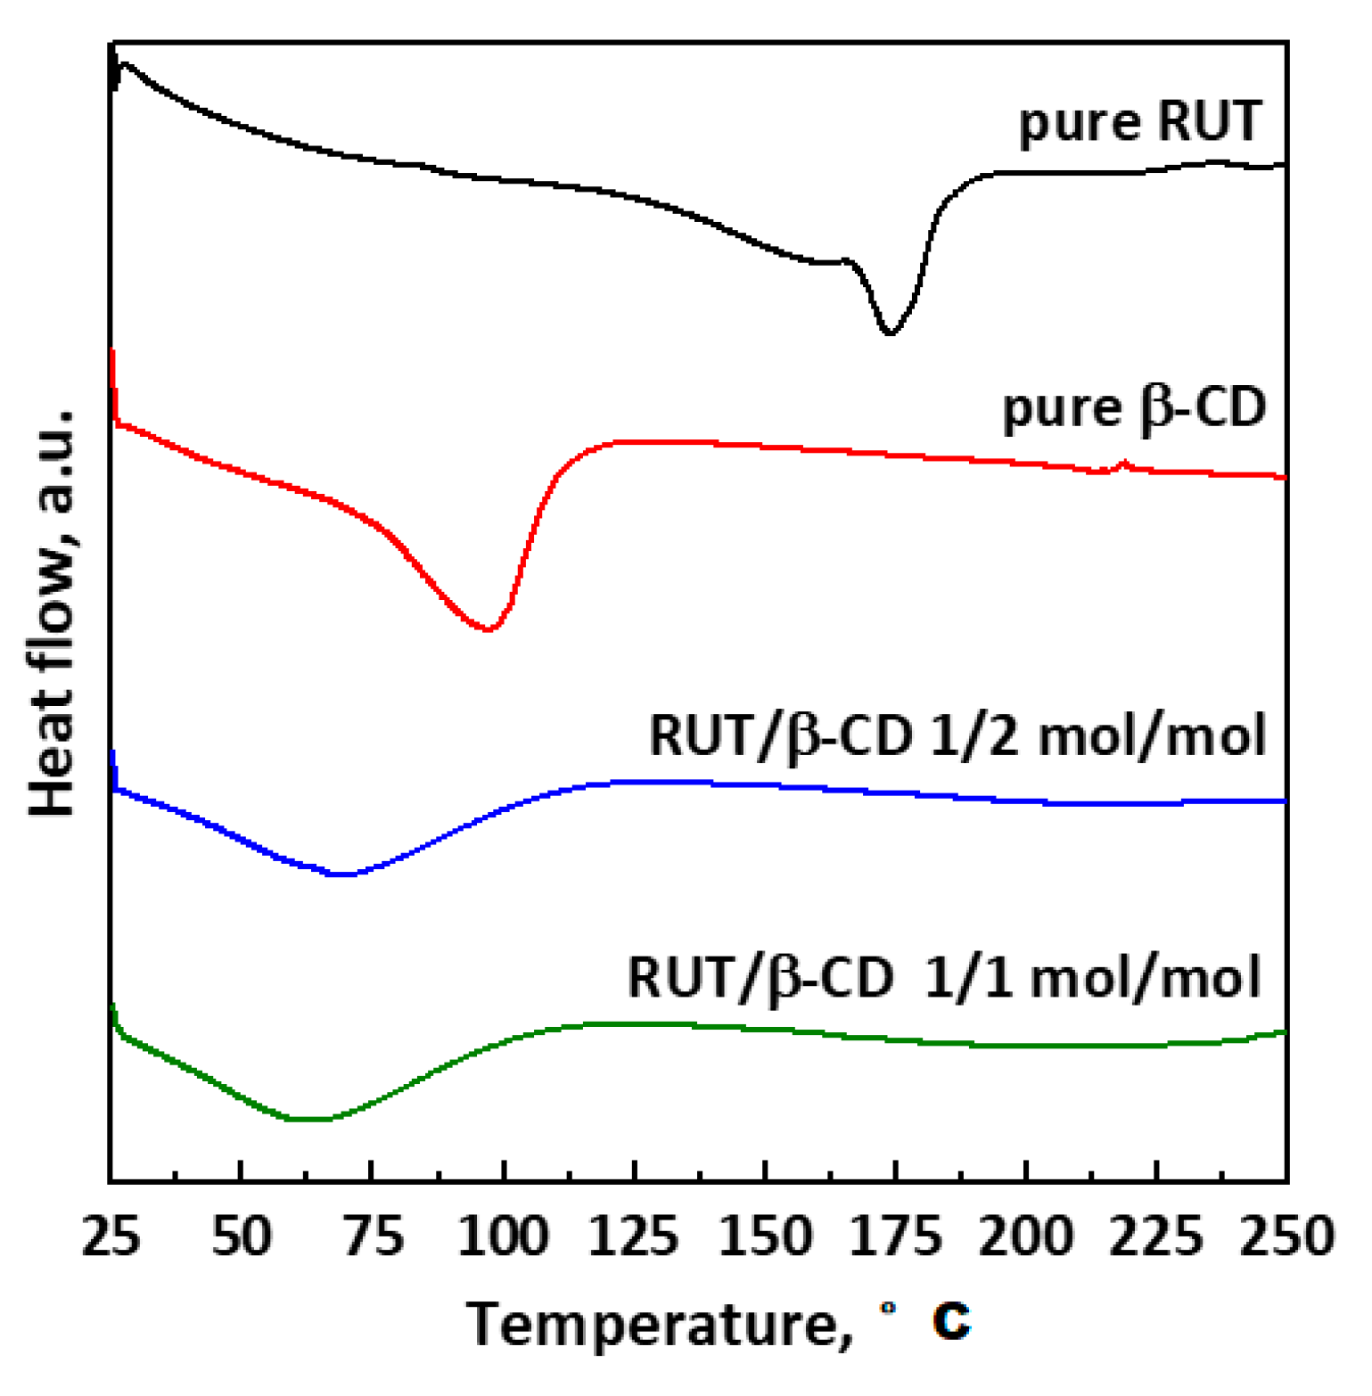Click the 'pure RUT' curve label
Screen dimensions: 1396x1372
tap(1140, 122)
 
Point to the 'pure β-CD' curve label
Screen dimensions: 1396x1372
tap(1134, 408)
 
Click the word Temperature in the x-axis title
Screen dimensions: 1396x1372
tap(650, 1324)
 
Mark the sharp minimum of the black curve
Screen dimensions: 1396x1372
tap(889, 333)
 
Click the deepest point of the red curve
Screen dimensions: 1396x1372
tap(488, 629)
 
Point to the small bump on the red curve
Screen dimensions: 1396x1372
tap(1124, 463)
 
